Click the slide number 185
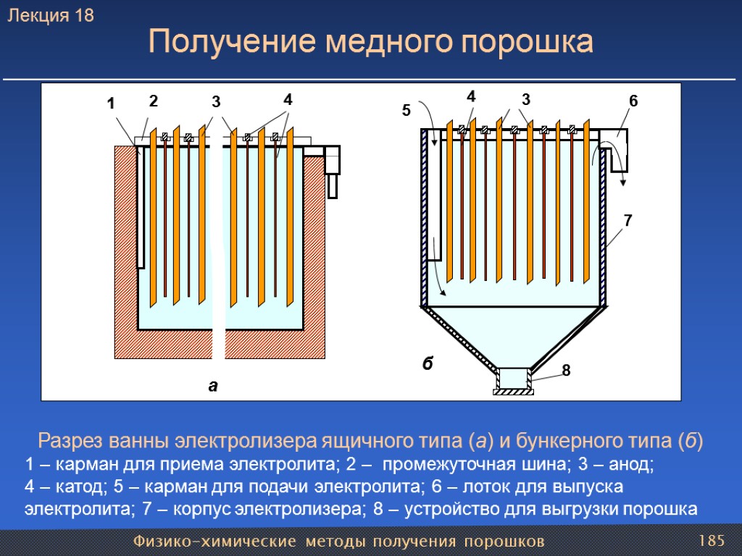pyautogui.click(x=712, y=541)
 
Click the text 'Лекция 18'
pyautogui.click(x=51, y=16)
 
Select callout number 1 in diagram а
pyautogui.click(x=110, y=104)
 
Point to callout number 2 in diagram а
pyautogui.click(x=153, y=101)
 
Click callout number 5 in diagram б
pyautogui.click(x=406, y=111)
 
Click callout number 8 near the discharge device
pyautogui.click(x=566, y=371)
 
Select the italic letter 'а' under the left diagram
pyautogui.click(x=212, y=386)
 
